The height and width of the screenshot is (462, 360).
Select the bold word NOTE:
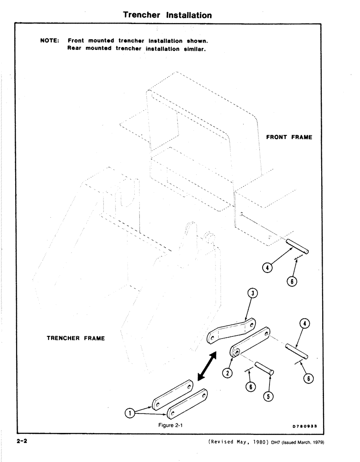pyautogui.click(x=50, y=40)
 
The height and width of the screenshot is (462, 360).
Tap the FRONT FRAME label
pyautogui.click(x=289, y=137)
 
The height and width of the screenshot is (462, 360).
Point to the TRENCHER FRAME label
pyautogui.click(x=76, y=338)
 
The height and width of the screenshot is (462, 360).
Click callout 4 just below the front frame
pyautogui.click(x=267, y=267)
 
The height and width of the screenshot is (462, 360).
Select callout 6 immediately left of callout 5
pyautogui.click(x=250, y=387)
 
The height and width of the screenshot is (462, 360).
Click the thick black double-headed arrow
pyautogui.click(x=207, y=365)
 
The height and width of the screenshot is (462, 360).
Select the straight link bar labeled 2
pyautogui.click(x=249, y=342)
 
